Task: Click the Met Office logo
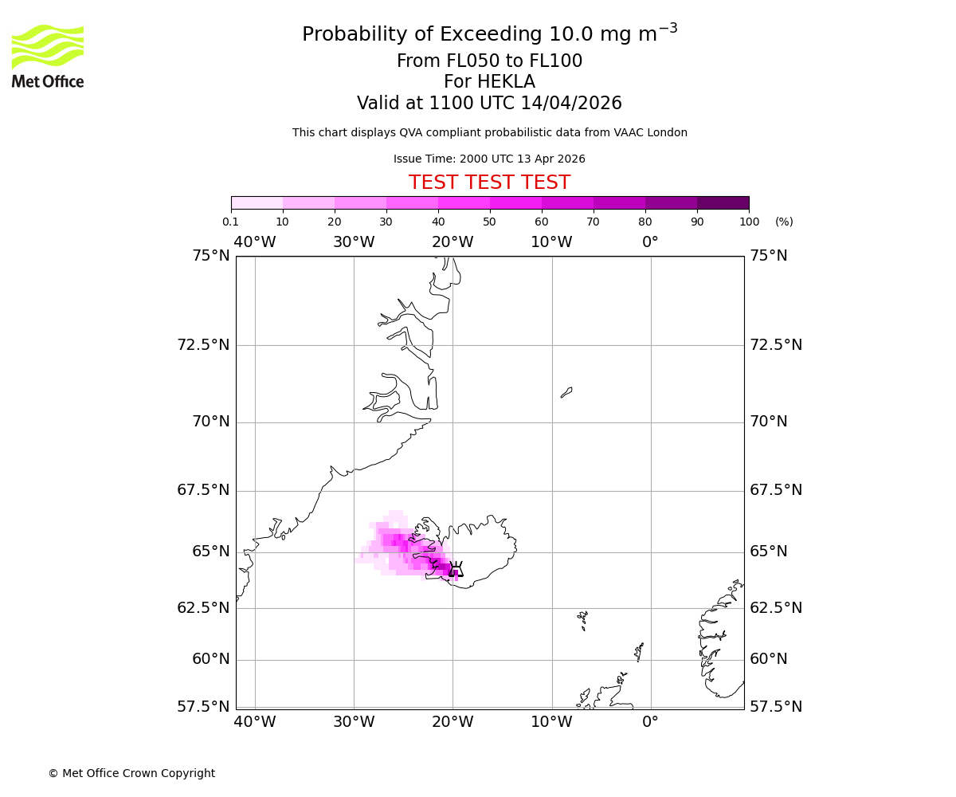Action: (x=48, y=56)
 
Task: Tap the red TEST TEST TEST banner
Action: (x=489, y=183)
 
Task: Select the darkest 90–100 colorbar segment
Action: (x=723, y=202)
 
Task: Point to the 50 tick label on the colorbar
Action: (x=489, y=222)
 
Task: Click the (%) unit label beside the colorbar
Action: (x=784, y=222)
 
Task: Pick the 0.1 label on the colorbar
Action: (x=230, y=222)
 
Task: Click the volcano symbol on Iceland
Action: (x=456, y=568)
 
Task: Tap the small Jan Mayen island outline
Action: (x=566, y=392)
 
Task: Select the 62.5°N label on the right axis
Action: (x=775, y=607)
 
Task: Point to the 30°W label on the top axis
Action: (x=354, y=242)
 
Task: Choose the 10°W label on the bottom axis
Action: (x=551, y=722)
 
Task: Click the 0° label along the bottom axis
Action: (x=651, y=722)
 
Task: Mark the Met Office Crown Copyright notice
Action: (x=131, y=773)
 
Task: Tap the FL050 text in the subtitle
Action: (x=456, y=61)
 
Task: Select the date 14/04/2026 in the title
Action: (x=571, y=104)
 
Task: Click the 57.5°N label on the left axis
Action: (x=203, y=706)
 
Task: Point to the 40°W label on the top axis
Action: (x=255, y=242)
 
